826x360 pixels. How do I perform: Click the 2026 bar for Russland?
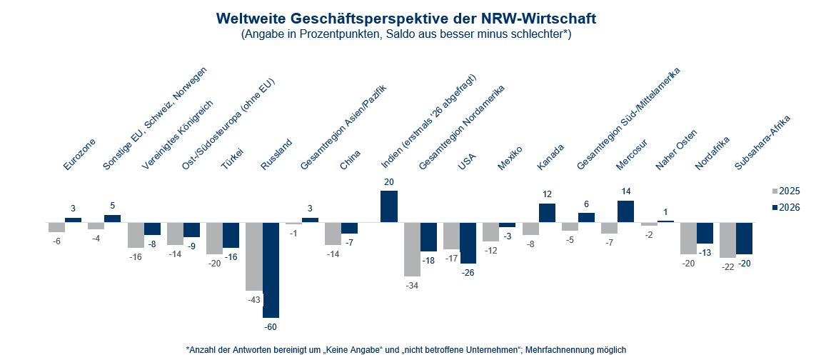click(271, 269)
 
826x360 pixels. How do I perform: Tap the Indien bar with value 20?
click(389, 206)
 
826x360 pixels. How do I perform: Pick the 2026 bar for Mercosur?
click(625, 211)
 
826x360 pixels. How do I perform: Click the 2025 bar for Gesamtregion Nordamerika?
click(412, 249)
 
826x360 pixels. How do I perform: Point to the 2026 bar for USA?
click(468, 243)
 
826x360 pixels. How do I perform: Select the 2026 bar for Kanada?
click(547, 213)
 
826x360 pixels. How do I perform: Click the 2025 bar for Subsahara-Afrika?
click(727, 239)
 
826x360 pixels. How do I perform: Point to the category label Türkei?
click(232, 158)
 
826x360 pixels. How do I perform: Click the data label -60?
click(271, 326)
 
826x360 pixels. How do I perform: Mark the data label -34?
click(412, 285)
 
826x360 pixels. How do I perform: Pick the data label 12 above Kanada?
click(547, 194)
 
